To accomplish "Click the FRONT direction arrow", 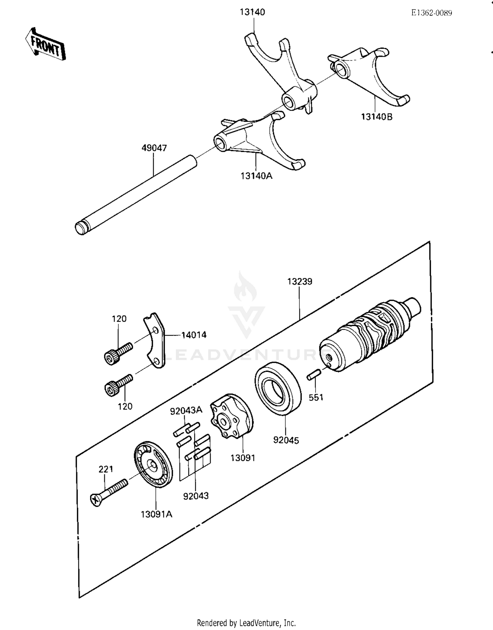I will tap(45, 44).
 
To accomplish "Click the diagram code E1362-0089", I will tap(431, 13).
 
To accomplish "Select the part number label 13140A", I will tap(256, 176).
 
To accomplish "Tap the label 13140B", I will tap(377, 117).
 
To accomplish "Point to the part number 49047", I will tap(154, 148).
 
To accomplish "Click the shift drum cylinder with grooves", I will tap(368, 335).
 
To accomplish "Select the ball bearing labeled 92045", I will tap(278, 388).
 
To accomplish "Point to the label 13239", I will tap(299, 282).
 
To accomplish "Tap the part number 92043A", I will tap(186, 411).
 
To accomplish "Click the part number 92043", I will tap(196, 496).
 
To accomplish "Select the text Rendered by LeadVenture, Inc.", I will tap(246, 623).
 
